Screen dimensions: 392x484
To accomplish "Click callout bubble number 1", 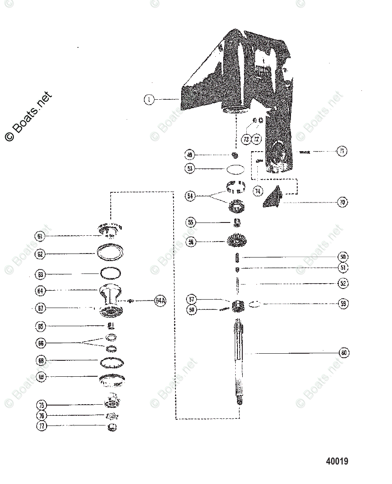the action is [149, 100].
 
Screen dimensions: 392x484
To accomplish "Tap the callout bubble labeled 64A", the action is [160, 301].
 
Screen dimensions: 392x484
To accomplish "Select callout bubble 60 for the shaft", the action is [344, 353].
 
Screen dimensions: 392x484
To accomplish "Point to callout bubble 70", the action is [342, 203].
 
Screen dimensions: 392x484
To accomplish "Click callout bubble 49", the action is [190, 155].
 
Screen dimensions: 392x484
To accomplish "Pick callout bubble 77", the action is [41, 426].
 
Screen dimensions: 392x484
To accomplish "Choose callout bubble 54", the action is [190, 196].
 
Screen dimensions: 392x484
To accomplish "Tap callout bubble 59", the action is [342, 304].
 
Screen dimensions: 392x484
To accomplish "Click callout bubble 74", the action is [258, 191].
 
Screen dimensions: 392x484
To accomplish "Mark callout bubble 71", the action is [342, 151].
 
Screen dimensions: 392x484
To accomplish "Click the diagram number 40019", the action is [337, 462].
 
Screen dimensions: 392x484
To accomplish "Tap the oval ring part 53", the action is [235, 169].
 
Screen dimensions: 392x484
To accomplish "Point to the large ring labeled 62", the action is [110, 254].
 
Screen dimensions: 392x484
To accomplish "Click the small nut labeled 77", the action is [112, 427].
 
